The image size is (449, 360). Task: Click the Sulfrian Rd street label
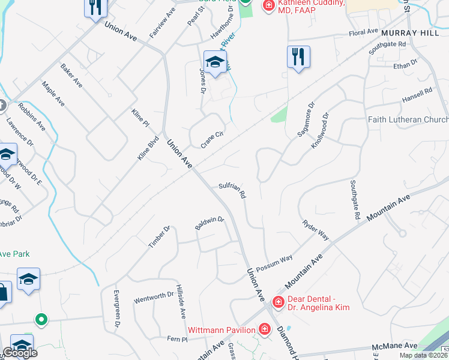232,190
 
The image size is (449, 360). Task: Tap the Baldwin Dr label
209,223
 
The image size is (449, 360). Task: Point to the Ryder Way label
316,229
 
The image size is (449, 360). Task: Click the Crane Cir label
212,140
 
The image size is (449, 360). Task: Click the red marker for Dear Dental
279,301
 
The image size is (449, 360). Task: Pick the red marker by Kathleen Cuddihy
268,5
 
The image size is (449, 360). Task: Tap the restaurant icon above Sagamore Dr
298,57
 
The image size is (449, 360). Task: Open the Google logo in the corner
20,353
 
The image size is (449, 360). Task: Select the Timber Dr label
160,236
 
